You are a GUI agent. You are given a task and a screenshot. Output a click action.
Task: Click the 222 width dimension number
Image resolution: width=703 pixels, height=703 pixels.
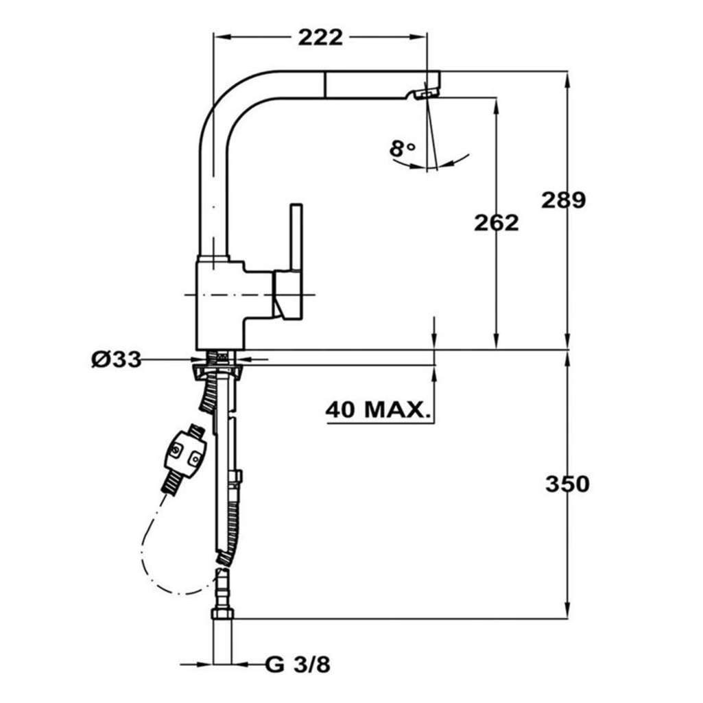click(320, 37)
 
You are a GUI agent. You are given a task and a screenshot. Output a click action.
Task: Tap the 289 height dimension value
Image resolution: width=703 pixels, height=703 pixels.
click(563, 200)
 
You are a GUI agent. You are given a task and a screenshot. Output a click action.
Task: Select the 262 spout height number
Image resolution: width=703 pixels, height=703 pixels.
click(497, 222)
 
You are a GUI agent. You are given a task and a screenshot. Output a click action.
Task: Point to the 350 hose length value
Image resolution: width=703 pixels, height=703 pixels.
click(567, 484)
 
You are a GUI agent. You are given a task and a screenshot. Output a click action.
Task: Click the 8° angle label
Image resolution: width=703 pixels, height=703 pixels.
click(402, 148)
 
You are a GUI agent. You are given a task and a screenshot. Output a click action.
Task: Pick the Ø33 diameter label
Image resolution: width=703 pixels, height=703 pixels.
click(116, 359)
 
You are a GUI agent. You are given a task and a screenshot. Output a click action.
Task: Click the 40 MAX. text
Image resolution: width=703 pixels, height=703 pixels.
click(376, 409)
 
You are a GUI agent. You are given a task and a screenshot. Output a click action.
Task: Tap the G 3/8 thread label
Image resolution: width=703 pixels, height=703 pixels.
click(298, 665)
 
